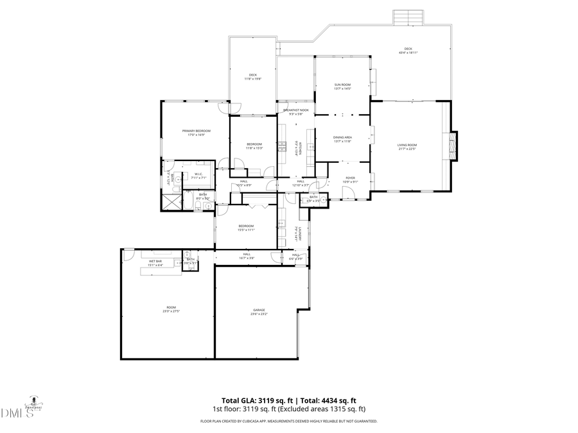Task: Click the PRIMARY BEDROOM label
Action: click(196, 131)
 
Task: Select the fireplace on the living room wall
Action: click(454, 146)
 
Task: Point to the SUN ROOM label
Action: click(342, 85)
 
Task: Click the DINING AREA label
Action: click(342, 137)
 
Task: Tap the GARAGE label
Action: click(259, 310)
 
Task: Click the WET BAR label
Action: click(156, 261)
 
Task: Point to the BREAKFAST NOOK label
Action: click(296, 110)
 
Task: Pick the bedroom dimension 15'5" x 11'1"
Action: click(247, 230)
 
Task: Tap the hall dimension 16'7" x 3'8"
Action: click(247, 258)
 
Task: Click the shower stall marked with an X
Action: click(170, 202)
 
